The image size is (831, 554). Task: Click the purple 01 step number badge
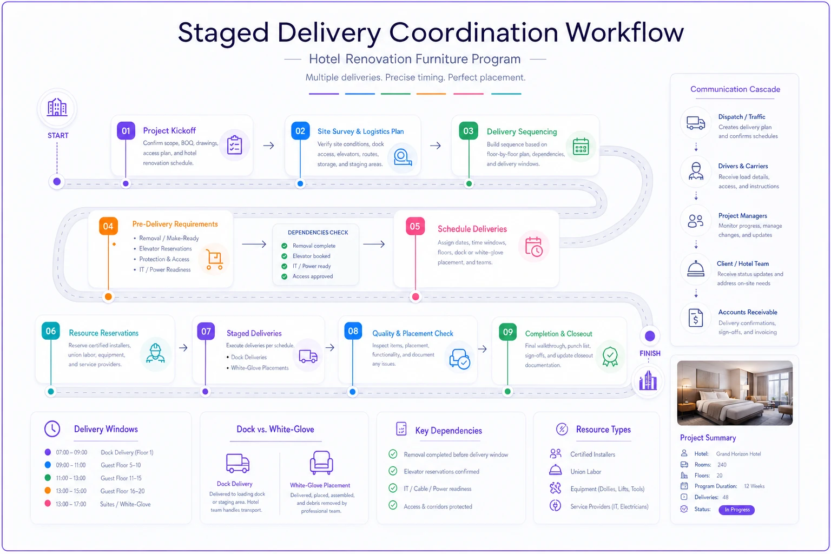click(x=126, y=130)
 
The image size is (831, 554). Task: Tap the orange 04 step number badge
click(x=108, y=226)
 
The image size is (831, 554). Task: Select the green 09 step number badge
click(x=508, y=332)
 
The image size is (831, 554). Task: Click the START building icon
click(x=57, y=108)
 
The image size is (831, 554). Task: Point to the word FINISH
click(x=650, y=353)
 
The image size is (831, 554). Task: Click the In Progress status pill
click(x=737, y=510)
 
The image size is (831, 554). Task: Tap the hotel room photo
click(x=735, y=393)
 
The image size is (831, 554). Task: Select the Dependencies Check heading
click(x=318, y=232)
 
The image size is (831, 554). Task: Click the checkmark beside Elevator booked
click(x=284, y=256)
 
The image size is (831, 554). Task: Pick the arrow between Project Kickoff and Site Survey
click(x=268, y=146)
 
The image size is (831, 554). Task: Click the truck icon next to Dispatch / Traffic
click(x=696, y=123)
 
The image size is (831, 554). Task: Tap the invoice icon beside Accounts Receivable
click(x=696, y=318)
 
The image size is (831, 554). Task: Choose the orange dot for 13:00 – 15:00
click(x=48, y=491)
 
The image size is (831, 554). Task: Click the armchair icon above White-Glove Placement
click(x=321, y=463)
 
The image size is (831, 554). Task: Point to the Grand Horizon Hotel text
click(x=738, y=454)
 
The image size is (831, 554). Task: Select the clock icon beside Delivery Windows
click(x=52, y=428)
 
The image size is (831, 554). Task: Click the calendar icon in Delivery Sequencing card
click(x=581, y=146)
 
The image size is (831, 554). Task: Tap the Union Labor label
click(x=586, y=472)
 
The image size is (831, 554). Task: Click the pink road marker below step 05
click(x=415, y=296)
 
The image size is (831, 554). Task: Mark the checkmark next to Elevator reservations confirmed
click(x=393, y=471)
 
